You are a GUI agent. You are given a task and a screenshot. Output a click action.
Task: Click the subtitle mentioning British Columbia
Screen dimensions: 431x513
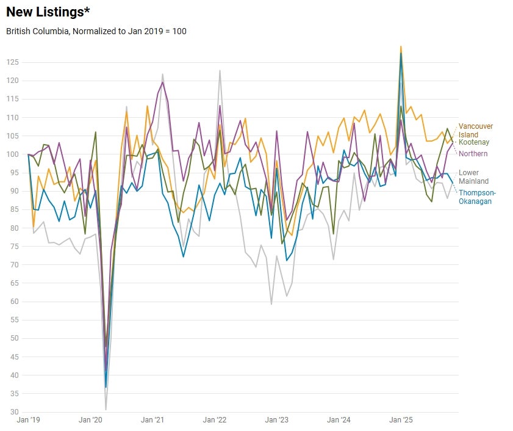pyautogui.click(x=96, y=31)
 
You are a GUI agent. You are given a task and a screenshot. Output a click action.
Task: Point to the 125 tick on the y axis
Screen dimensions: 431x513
pyautogui.click(x=13, y=62)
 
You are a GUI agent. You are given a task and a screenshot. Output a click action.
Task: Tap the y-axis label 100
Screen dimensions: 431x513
pyautogui.click(x=13, y=154)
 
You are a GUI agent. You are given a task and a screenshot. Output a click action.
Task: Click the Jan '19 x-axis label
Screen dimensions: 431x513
pyautogui.click(x=29, y=420)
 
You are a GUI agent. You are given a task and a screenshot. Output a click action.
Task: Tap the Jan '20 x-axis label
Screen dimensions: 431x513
pyautogui.click(x=91, y=420)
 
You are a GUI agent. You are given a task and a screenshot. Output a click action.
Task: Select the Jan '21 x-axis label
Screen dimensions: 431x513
pyautogui.click(x=152, y=420)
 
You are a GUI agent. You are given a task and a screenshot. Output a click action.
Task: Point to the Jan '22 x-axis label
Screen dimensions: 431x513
pyautogui.click(x=215, y=420)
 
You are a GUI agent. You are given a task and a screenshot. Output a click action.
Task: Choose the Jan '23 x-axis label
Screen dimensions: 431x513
pyautogui.click(x=276, y=420)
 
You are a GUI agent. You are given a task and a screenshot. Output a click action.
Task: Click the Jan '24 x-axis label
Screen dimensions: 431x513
pyautogui.click(x=339, y=420)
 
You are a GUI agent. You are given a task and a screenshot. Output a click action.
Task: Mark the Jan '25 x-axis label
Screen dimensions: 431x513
pyautogui.click(x=400, y=420)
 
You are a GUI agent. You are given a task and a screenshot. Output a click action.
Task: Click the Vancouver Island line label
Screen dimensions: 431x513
pyautogui.click(x=476, y=131)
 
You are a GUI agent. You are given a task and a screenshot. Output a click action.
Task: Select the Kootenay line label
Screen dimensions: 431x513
pyautogui.click(x=474, y=143)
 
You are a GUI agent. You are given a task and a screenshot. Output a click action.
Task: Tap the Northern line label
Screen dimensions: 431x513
pyautogui.click(x=473, y=153)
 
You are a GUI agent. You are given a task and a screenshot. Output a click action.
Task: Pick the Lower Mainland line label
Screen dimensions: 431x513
pyautogui.click(x=473, y=177)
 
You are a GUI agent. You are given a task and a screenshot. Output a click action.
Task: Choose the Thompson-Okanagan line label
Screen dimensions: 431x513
pyautogui.click(x=478, y=197)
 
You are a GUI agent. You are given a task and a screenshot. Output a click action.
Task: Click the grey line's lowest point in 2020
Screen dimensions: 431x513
pyautogui.click(x=106, y=410)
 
